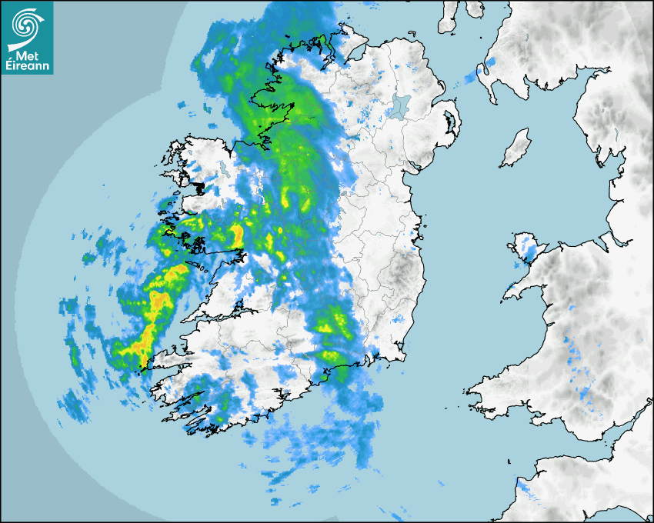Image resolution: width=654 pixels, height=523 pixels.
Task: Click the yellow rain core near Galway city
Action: tap(237, 233)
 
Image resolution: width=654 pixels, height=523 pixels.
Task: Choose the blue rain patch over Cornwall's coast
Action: tap(526, 486)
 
